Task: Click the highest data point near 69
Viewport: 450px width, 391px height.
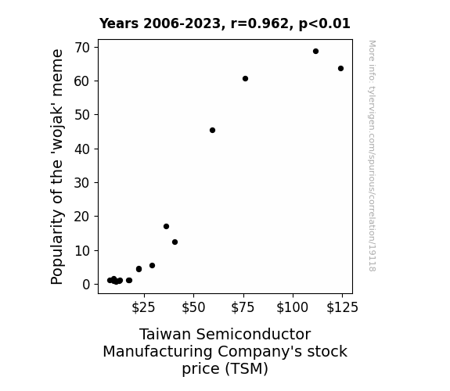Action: click(315, 52)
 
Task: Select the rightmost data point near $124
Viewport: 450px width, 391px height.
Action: click(340, 69)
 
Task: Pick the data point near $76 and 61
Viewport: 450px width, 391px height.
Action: click(245, 79)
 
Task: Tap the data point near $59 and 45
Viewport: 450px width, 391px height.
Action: click(212, 131)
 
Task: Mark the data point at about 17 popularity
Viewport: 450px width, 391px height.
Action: click(166, 226)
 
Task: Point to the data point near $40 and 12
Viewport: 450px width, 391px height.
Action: click(175, 242)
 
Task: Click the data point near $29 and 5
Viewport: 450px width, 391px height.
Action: click(152, 266)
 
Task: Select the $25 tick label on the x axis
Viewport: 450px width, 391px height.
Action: click(143, 307)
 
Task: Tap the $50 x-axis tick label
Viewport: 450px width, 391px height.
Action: click(193, 307)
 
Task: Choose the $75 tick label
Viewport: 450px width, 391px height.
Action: click(243, 307)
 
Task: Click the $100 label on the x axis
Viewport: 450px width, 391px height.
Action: click(293, 307)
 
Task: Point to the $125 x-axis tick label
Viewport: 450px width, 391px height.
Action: click(342, 307)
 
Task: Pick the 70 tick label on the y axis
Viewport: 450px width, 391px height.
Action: click(82, 48)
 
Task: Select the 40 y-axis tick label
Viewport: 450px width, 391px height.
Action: click(82, 149)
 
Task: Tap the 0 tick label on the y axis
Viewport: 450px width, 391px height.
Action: click(86, 285)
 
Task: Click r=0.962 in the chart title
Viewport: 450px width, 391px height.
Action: click(260, 23)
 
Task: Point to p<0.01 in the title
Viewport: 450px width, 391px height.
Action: click(325, 23)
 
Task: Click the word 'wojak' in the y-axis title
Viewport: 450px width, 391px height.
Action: click(57, 131)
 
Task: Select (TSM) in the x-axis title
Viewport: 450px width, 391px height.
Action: click(247, 368)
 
